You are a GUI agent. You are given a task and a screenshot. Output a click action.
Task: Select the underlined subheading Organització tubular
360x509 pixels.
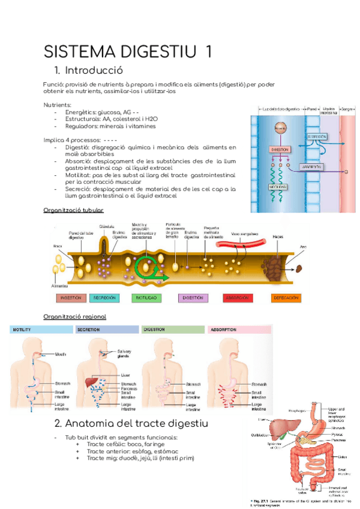coord(74,210)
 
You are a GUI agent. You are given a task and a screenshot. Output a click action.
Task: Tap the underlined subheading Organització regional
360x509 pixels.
coord(75,316)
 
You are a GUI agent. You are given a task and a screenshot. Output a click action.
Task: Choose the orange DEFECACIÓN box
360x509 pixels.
coord(278,298)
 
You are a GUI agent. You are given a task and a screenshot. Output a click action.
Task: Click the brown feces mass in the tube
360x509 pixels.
coord(277,263)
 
